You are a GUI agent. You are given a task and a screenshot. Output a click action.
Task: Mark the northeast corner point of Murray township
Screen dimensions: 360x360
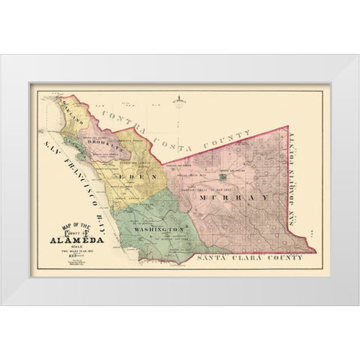point(288,106)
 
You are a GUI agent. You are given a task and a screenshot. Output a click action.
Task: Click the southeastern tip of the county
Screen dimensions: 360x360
point(306,251)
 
